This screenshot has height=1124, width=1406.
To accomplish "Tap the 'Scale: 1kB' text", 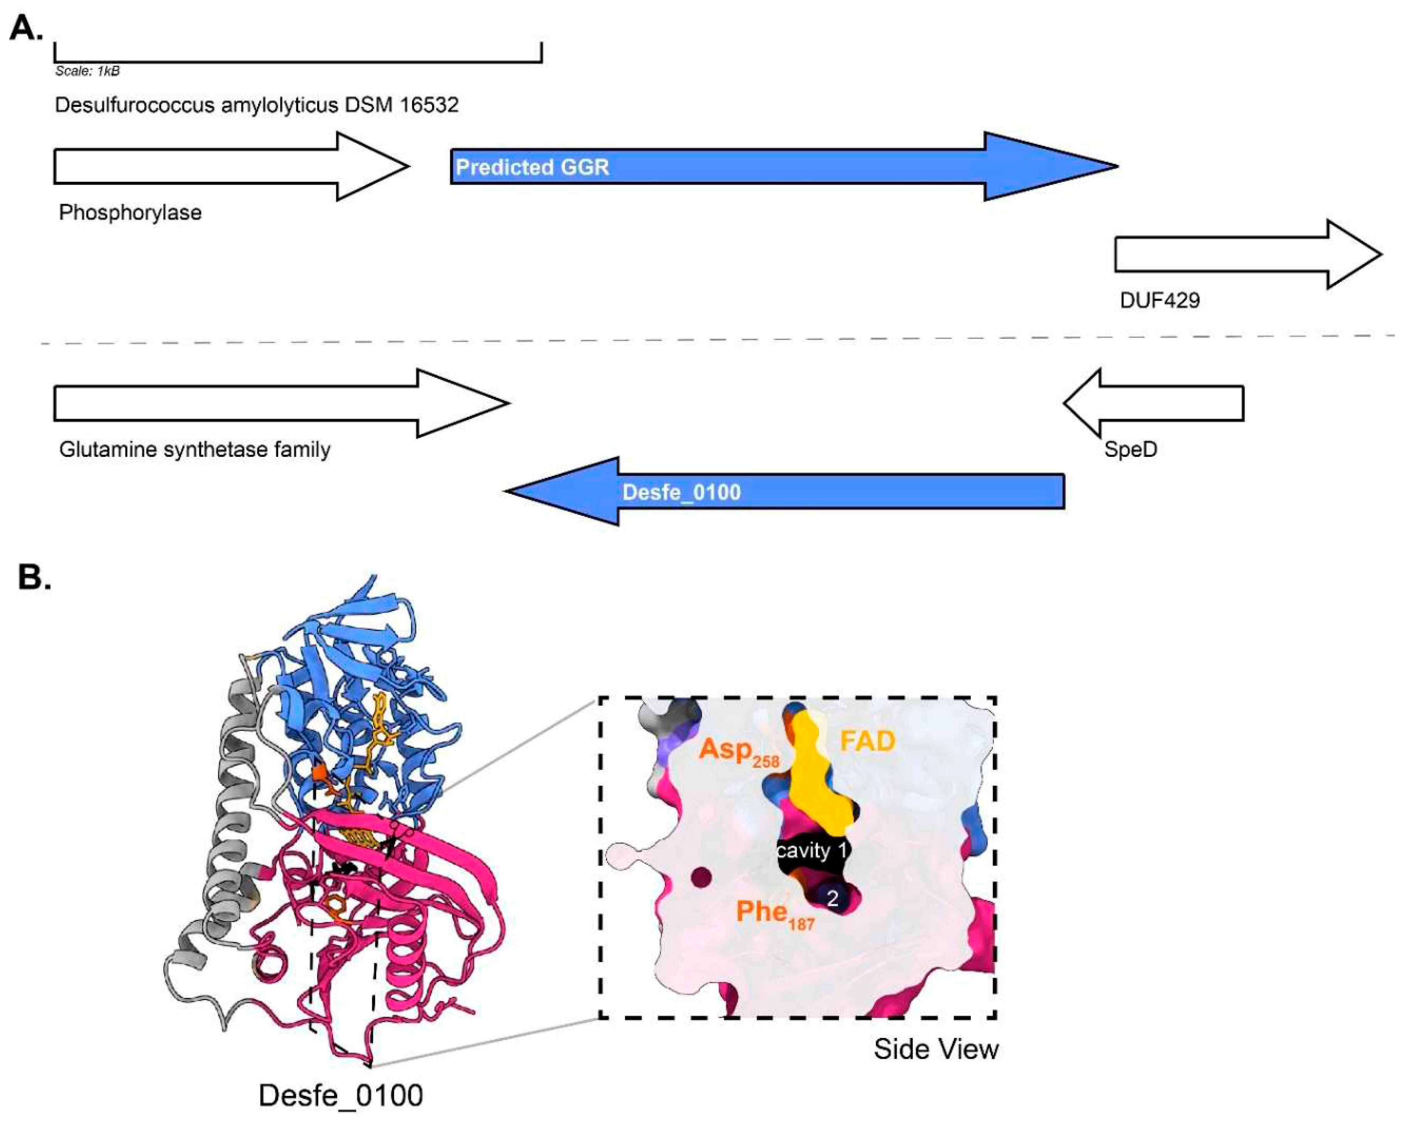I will coord(87,71).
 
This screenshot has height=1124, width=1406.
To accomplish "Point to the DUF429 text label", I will coord(1159,301).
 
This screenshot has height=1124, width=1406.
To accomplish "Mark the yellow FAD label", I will coord(867,741).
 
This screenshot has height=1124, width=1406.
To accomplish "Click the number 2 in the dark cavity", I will coord(832,899).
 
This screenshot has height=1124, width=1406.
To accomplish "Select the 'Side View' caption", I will coord(936,1050).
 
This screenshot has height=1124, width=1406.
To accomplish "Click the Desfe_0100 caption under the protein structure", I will coord(340,1096).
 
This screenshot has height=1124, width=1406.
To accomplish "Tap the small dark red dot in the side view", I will coord(702,877).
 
